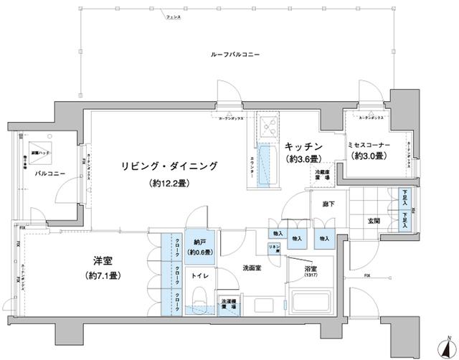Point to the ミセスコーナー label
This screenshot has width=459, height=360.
coord(369,145)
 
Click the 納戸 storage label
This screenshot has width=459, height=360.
coord(201,242)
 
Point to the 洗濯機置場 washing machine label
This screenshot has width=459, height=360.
coord(228,303)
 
